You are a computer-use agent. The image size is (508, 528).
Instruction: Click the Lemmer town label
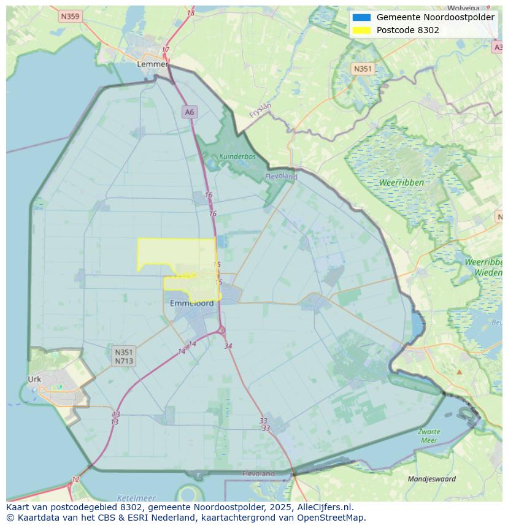[152, 64]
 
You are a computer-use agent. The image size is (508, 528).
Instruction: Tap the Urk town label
[34, 379]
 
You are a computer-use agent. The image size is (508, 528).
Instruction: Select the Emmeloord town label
[192, 303]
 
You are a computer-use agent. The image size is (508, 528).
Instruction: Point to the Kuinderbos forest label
[237, 156]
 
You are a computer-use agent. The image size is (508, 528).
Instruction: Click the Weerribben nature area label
[401, 183]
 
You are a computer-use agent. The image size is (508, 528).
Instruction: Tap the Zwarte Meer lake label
[429, 436]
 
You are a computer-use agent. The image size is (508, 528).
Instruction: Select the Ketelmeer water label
[136, 498]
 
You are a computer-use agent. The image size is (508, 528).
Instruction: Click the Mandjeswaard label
[432, 479]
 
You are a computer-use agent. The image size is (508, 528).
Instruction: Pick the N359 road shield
[71, 17]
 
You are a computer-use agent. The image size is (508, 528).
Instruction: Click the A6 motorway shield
[189, 112]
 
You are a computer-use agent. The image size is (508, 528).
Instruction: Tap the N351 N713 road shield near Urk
[123, 356]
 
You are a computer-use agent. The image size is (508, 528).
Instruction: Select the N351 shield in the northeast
[363, 69]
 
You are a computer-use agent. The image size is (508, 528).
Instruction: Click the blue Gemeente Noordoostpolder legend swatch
[361, 17]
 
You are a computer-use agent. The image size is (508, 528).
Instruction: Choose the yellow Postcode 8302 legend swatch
[361, 30]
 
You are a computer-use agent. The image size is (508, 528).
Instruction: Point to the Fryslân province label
[261, 110]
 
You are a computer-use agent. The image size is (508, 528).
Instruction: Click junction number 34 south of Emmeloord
[228, 346]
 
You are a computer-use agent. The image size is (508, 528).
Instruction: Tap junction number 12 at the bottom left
[75, 480]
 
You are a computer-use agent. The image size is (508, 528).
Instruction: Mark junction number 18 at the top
[191, 13]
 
